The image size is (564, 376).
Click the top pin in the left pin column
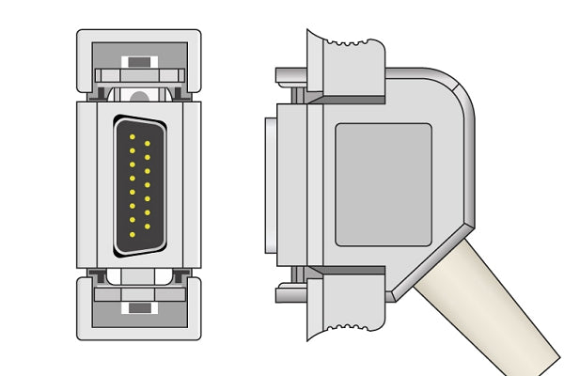[132, 139]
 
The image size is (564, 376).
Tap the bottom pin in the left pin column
[132, 231]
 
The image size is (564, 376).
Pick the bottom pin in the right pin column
[147, 226]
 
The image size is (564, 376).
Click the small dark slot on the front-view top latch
[139, 63]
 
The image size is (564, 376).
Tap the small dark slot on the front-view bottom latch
[139, 307]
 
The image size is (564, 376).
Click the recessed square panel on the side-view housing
[383, 184]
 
